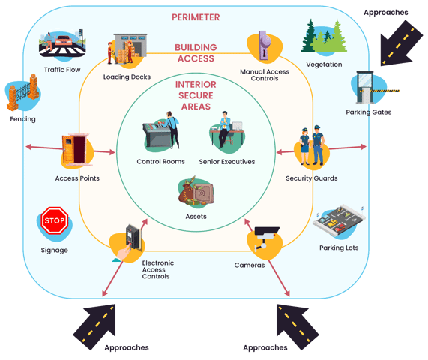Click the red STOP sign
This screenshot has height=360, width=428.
point(55,220)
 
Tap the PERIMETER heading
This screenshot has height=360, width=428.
point(196,17)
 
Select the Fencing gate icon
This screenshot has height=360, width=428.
point(23,93)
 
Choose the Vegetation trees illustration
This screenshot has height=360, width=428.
point(324,36)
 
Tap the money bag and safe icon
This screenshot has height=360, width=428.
point(196,191)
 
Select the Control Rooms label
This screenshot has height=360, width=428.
point(160,162)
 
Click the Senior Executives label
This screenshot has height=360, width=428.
point(227,162)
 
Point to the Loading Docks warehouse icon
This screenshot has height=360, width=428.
point(127,49)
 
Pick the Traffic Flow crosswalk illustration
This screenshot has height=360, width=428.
point(62,44)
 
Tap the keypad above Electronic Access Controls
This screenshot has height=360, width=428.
point(133,238)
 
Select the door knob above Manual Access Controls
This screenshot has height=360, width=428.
point(265,45)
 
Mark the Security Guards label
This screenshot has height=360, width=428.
point(312,178)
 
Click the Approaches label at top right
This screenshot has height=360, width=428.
point(386,13)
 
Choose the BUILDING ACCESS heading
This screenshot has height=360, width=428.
point(196,53)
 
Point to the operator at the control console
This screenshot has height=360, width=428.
point(172,130)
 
